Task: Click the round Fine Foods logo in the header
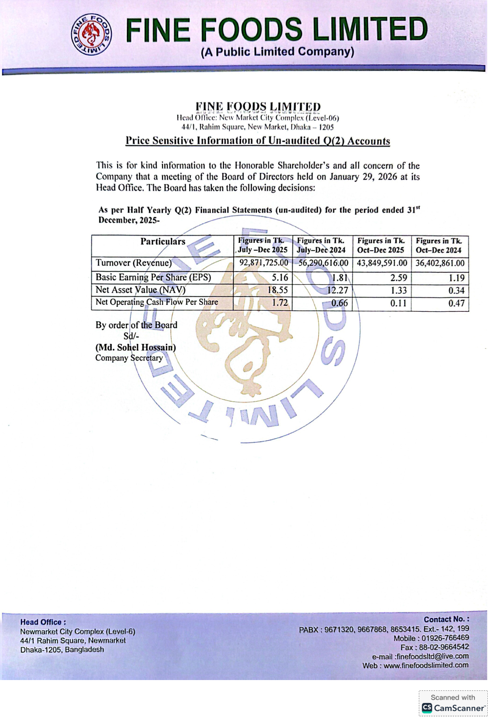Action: coord(92,34)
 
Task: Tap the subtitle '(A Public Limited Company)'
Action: coord(277,52)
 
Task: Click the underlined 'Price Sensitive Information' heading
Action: coord(258,141)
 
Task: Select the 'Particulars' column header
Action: coord(163,241)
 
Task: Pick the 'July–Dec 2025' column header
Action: coord(263,245)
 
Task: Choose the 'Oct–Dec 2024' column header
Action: coord(439,245)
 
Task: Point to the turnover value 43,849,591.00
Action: coord(382,263)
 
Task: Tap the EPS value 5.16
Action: coord(280,277)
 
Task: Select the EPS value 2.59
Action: coord(398,277)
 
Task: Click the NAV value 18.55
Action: coord(278,290)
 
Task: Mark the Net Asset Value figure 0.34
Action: coord(456,290)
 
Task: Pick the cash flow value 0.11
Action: coord(398,303)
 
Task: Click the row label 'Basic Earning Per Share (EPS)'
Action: coord(153,277)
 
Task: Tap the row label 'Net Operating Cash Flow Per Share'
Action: coord(157,302)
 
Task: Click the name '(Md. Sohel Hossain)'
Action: coord(136,347)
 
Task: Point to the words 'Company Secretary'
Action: coord(129,358)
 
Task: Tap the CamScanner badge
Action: coord(453,704)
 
